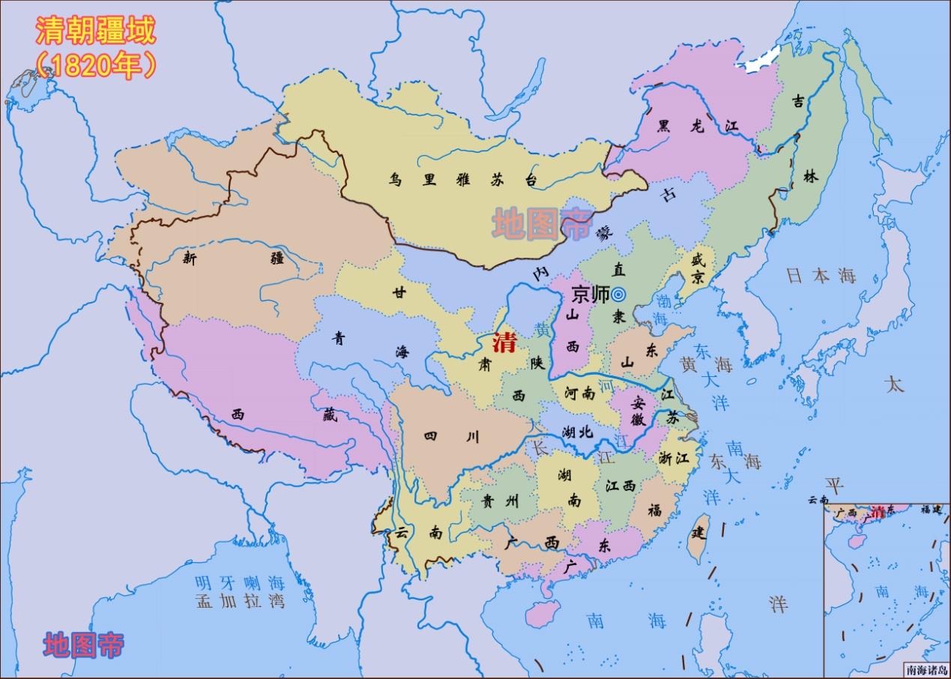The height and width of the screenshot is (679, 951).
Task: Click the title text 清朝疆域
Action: [95, 32]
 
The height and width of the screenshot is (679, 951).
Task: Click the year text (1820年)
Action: [95, 66]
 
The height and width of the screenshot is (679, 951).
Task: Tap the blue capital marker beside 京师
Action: [618, 295]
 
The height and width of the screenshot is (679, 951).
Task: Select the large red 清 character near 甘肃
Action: [504, 343]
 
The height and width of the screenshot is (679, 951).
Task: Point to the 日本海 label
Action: [821, 276]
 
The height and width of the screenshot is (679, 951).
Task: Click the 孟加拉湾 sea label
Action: [240, 601]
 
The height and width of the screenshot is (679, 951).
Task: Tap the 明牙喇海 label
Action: [240, 582]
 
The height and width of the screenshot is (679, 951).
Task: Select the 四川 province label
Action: [451, 437]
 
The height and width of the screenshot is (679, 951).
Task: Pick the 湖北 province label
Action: [577, 432]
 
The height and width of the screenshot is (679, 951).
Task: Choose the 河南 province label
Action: [579, 392]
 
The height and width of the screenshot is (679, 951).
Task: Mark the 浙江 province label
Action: [673, 458]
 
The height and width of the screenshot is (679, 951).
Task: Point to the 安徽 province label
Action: [638, 410]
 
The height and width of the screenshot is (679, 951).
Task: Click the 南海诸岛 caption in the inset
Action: [926, 671]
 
